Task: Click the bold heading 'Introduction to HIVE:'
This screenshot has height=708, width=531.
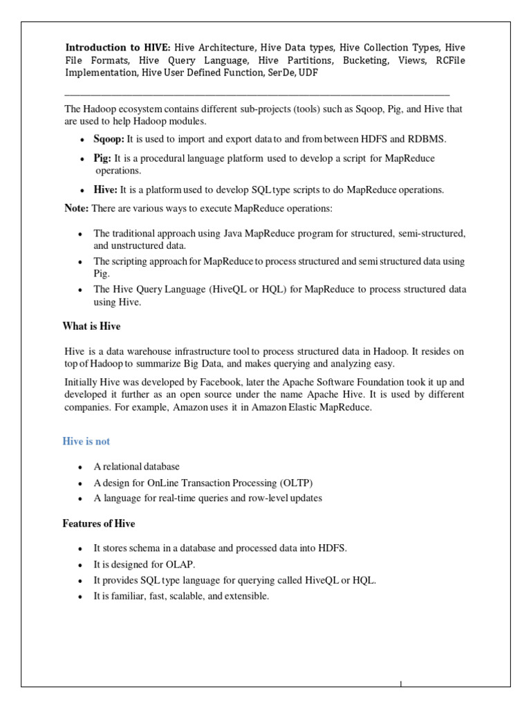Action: [118, 48]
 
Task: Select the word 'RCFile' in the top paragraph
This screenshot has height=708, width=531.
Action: [449, 60]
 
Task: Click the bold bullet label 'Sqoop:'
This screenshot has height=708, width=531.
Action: [109, 139]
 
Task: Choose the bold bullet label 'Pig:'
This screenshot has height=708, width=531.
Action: [102, 158]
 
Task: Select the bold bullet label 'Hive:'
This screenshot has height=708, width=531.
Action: [106, 189]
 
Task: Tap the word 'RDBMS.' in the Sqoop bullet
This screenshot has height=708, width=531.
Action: [428, 139]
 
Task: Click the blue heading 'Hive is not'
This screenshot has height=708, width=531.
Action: [87, 441]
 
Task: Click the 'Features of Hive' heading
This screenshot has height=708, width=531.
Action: [100, 523]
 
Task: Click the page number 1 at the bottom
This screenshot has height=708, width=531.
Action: [401, 684]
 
